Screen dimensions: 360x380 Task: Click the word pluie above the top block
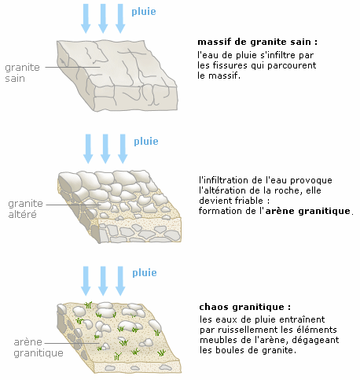(144, 12)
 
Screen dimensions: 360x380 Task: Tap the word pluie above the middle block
(146, 142)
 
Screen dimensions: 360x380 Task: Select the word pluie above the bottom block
(145, 273)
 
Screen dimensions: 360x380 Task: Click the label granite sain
(22, 73)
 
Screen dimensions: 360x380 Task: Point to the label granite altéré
(25, 209)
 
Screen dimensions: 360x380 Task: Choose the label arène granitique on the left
(39, 348)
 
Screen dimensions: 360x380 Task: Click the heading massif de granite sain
(258, 42)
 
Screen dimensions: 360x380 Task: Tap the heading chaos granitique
(245, 307)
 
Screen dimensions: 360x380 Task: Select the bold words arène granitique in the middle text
(308, 211)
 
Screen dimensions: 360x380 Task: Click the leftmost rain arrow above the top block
(86, 19)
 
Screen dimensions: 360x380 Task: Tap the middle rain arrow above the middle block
(105, 149)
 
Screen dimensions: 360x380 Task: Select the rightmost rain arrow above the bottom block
(120, 281)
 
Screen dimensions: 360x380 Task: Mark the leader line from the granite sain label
(73, 67)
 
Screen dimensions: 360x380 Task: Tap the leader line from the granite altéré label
(73, 205)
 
